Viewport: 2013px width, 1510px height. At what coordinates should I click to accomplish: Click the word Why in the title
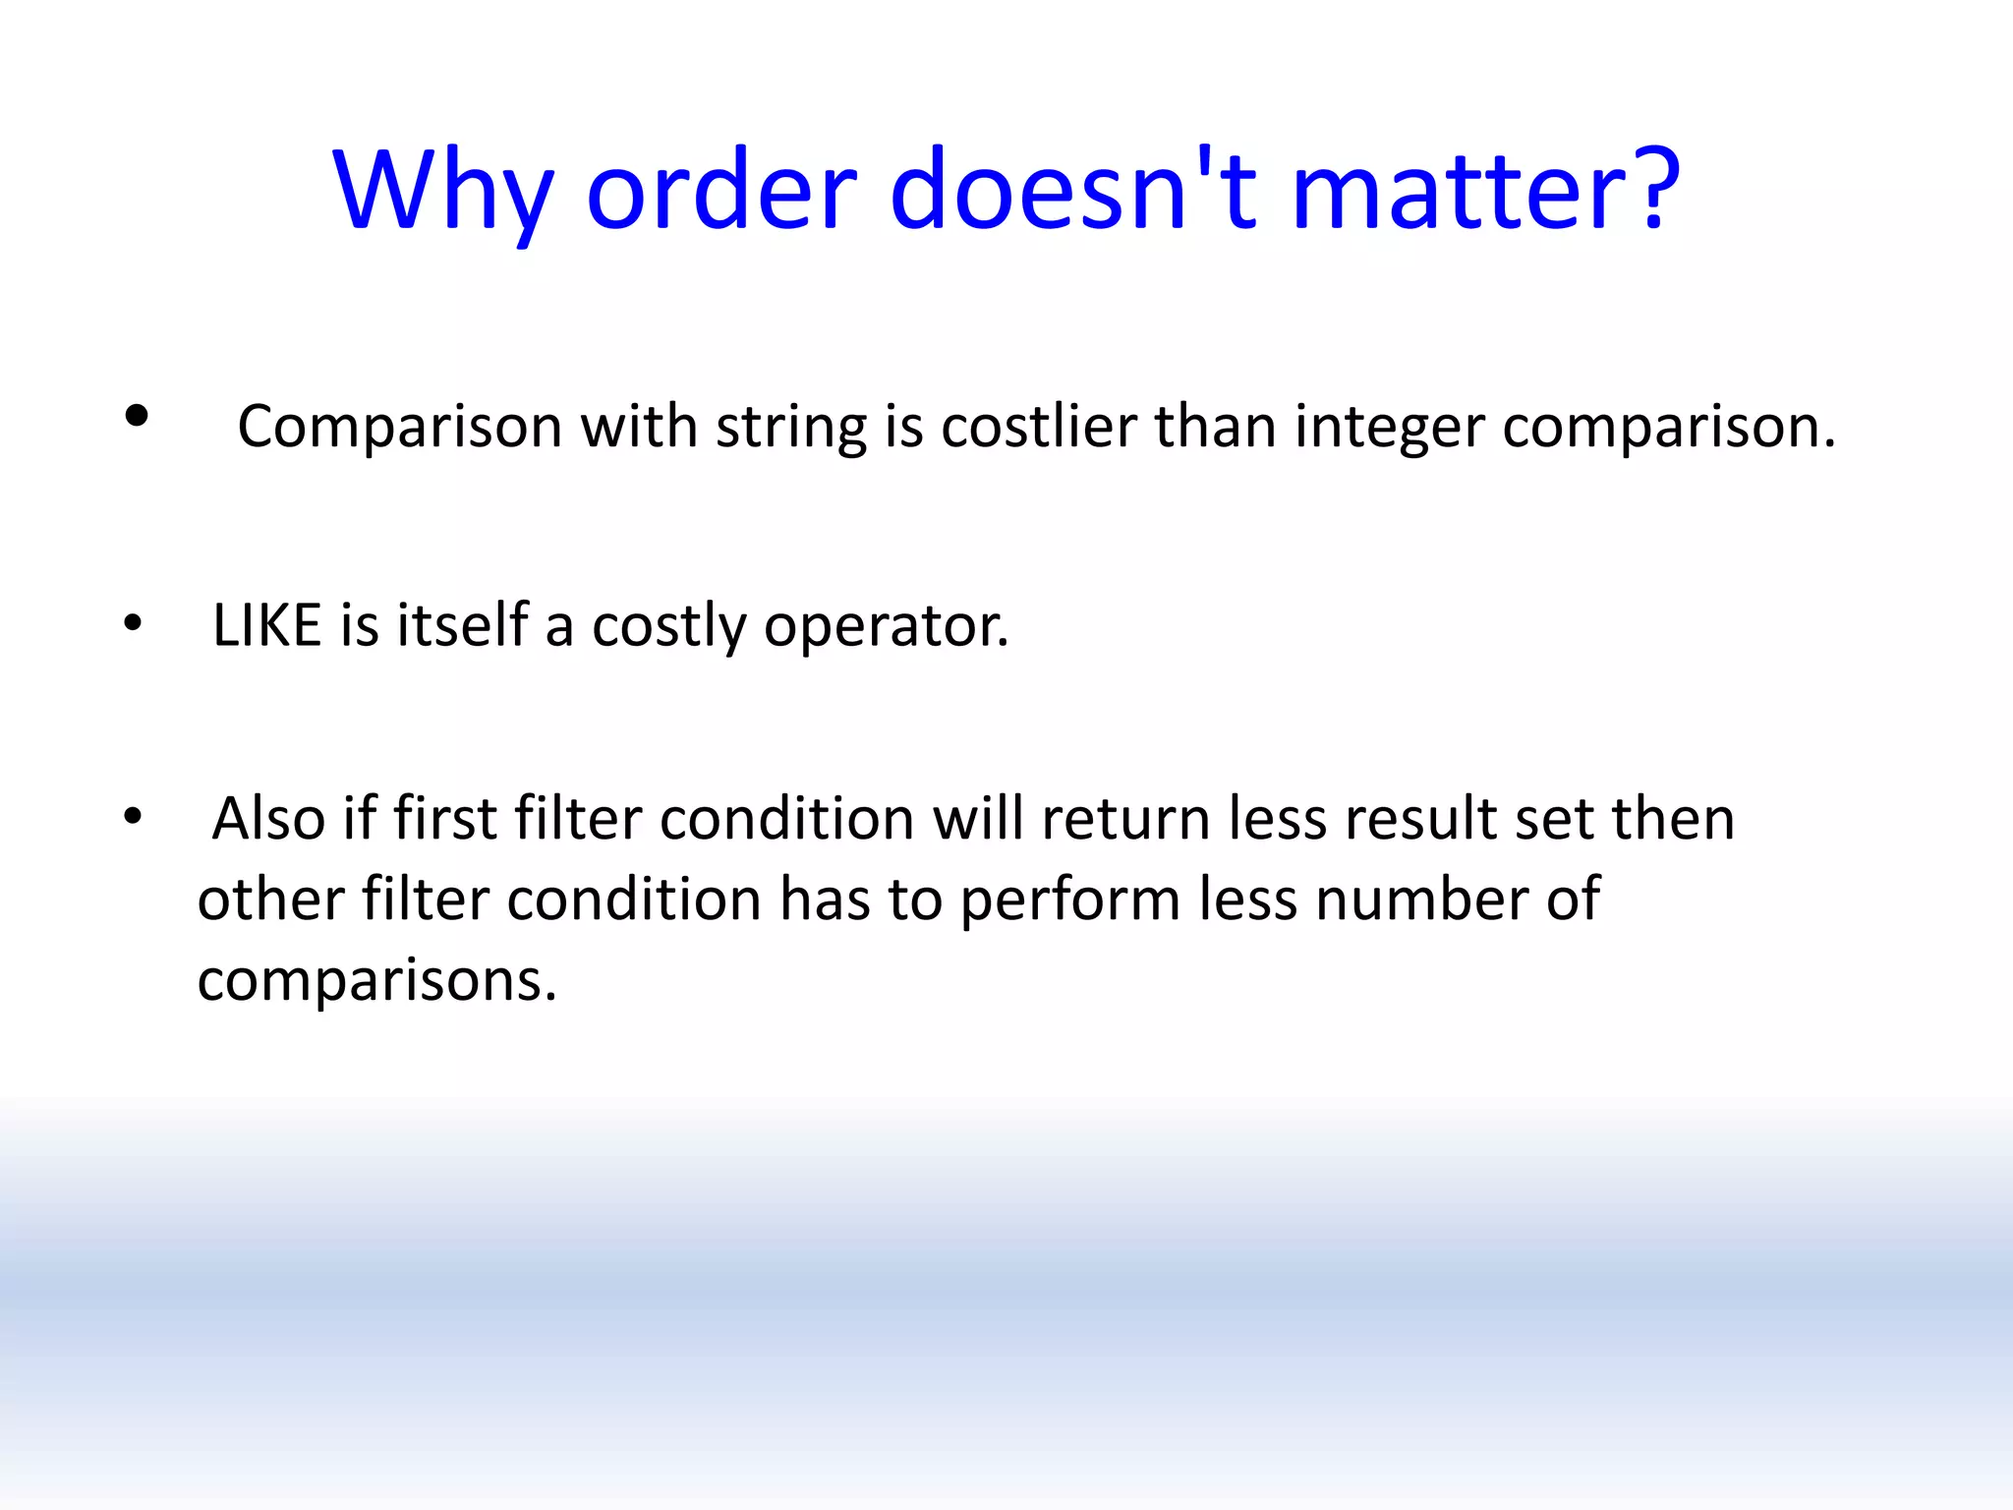click(x=443, y=190)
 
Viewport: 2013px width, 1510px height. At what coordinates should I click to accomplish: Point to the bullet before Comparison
click(x=137, y=417)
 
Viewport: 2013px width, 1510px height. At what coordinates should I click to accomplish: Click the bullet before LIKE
click(x=133, y=623)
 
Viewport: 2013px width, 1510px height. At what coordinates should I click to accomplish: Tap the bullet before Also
click(x=133, y=816)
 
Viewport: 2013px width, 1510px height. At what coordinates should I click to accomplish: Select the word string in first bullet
click(x=790, y=429)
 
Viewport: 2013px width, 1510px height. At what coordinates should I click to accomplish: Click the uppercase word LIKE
click(x=267, y=625)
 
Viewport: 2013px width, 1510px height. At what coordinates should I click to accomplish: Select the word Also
click(x=268, y=818)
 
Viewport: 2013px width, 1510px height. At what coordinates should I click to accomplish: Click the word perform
click(x=1069, y=900)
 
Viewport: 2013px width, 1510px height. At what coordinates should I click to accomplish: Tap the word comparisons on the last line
click(x=376, y=981)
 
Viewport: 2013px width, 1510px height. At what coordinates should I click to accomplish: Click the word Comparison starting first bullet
click(x=399, y=429)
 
